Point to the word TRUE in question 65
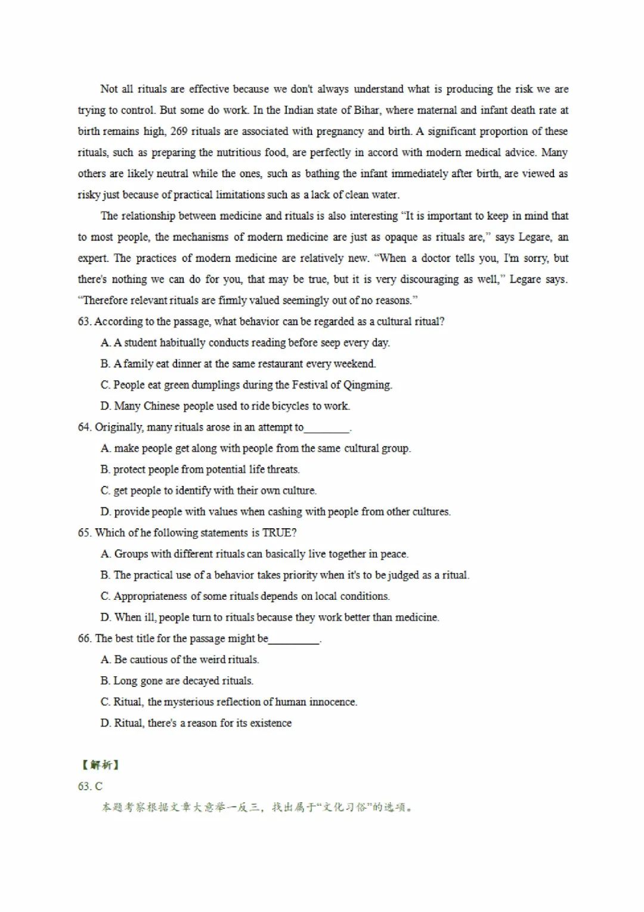275,533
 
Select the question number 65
84,533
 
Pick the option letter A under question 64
106,448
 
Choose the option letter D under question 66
106,723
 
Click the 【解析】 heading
100,765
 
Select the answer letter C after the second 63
98,787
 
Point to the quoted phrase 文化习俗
346,808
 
